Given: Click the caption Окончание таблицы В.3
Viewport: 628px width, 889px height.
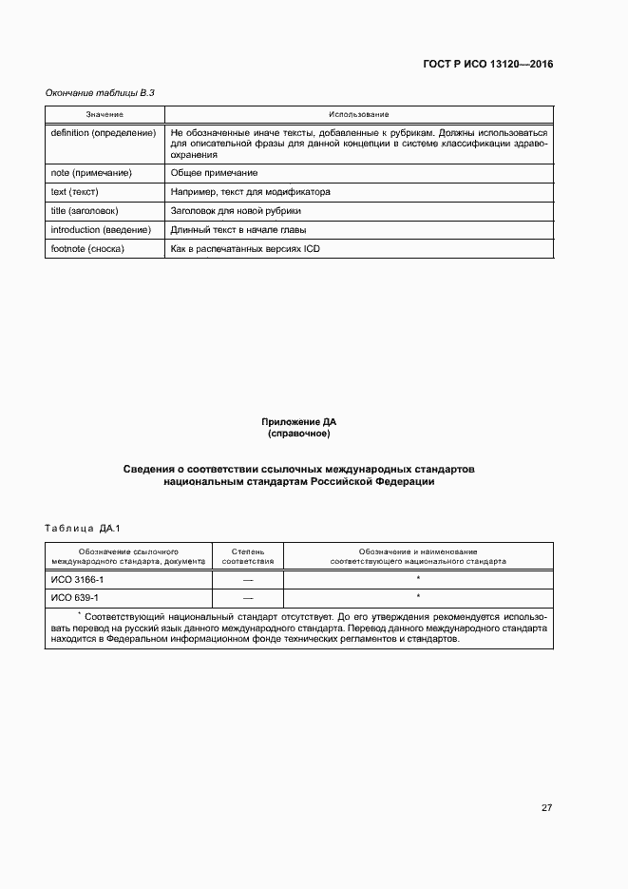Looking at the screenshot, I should pyautogui.click(x=100, y=92).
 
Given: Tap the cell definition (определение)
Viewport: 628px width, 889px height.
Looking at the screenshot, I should pyautogui.click(x=103, y=133).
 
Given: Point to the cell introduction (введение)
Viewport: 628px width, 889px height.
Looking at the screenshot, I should pyautogui.click(x=101, y=229).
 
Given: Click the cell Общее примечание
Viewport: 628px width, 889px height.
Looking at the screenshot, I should pyautogui.click(x=214, y=173).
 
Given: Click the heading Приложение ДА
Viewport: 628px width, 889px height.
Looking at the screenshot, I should pyautogui.click(x=298, y=420).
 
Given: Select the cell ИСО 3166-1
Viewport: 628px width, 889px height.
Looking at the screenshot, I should pyautogui.click(x=77, y=579).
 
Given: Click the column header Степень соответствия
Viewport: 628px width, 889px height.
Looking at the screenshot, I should pyautogui.click(x=249, y=555).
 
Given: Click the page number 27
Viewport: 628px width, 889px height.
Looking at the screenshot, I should pyautogui.click(x=546, y=808).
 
